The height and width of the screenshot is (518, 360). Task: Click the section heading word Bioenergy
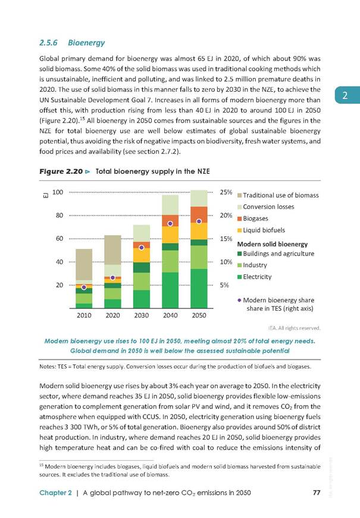pos(86,43)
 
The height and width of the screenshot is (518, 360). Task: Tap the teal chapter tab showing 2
pos(347,95)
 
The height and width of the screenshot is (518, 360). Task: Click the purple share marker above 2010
pos(84,288)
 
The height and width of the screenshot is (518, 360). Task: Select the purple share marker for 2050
pos(199,221)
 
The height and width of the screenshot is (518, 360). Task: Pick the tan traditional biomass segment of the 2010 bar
pos(84,264)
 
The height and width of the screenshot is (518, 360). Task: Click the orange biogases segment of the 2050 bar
pos(199,215)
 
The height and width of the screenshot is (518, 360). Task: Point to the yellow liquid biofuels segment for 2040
pos(170,235)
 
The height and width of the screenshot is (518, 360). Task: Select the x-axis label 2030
pos(142,316)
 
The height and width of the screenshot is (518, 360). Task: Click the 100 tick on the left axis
pos(58,192)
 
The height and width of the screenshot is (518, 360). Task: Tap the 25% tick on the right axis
pos(226,192)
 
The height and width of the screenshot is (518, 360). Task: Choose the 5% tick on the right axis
pos(224,285)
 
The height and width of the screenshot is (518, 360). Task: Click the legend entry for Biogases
pos(253,219)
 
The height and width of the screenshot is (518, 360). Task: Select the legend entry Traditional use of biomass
pos(278,195)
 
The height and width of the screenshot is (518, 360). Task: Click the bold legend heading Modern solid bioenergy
pos(273,244)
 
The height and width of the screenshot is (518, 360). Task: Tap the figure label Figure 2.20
pos(61,171)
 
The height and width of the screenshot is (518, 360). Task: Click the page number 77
pos(317,492)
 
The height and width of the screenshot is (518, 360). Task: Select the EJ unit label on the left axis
pos(46,195)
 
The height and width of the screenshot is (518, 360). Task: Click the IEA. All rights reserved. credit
pos(295,328)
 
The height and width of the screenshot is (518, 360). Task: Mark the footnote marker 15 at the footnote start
pos(41,465)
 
